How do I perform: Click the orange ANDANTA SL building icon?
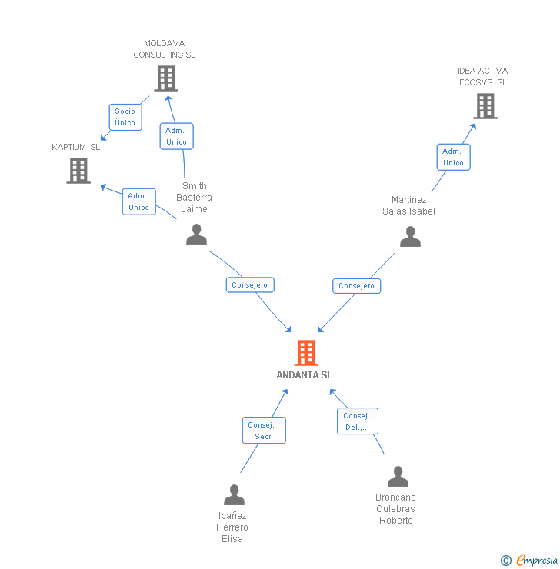coord(305,353)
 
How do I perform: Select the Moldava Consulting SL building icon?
coord(165,78)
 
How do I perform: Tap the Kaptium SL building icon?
coord(78,171)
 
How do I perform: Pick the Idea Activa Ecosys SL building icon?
coord(485,106)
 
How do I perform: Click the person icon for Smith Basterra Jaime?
coord(197,235)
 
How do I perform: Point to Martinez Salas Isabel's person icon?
coord(410,237)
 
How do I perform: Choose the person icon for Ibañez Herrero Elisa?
coord(234,495)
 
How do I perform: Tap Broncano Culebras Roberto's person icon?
coord(397,477)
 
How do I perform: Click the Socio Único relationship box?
coord(125,117)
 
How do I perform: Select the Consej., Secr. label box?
coord(265,431)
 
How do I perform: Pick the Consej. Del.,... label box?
coord(357,421)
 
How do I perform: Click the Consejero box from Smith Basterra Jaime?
coord(250,284)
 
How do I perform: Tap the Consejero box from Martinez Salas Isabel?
coord(356,285)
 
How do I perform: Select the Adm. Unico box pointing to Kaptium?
coord(138,201)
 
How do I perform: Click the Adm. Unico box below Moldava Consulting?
coord(176,136)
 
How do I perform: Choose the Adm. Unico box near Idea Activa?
coord(453,157)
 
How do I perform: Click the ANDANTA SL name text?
coord(305,375)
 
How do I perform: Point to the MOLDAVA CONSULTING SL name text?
coord(165,49)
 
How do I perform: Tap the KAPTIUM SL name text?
coord(76,147)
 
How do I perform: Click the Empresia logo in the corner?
coord(530,560)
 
